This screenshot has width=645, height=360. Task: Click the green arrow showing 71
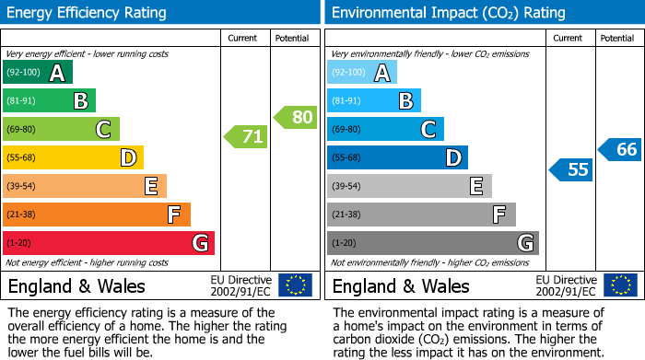246,137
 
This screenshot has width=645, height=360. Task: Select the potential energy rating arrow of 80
296,117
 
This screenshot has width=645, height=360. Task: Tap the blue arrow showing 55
570,169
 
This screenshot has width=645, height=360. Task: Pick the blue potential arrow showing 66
620,149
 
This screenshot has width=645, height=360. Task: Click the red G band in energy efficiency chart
109,243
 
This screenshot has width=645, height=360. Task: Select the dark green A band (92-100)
38,73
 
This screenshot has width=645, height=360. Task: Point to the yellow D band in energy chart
74,157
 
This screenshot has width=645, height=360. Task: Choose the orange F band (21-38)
97,215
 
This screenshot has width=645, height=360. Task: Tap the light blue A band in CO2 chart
362,73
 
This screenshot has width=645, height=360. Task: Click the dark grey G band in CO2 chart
432,243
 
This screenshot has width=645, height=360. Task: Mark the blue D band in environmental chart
397,157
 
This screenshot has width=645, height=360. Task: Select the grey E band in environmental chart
409,186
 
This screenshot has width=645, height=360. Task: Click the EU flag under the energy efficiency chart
295,285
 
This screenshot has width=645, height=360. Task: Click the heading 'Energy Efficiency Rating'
88,13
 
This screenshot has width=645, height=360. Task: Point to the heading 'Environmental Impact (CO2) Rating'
448,13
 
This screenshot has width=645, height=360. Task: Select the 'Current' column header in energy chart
243,38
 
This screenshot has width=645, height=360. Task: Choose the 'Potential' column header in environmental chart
616,38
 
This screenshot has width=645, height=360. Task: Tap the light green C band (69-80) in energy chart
62,129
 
